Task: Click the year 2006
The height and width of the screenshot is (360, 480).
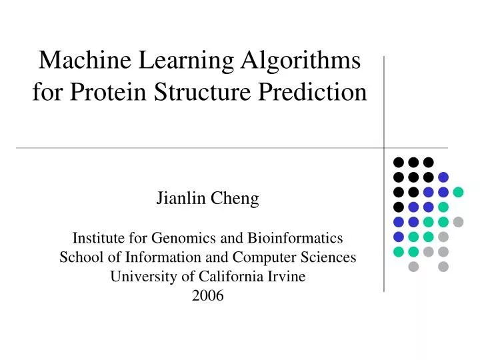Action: pyautogui.click(x=208, y=297)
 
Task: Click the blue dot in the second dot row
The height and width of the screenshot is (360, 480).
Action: pyautogui.click(x=443, y=177)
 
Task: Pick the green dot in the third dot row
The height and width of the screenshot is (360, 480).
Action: pyautogui.click(x=458, y=192)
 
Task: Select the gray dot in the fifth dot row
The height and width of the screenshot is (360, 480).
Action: pyautogui.click(x=458, y=222)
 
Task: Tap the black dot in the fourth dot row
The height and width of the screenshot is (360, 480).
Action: pyautogui.click(x=399, y=207)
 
